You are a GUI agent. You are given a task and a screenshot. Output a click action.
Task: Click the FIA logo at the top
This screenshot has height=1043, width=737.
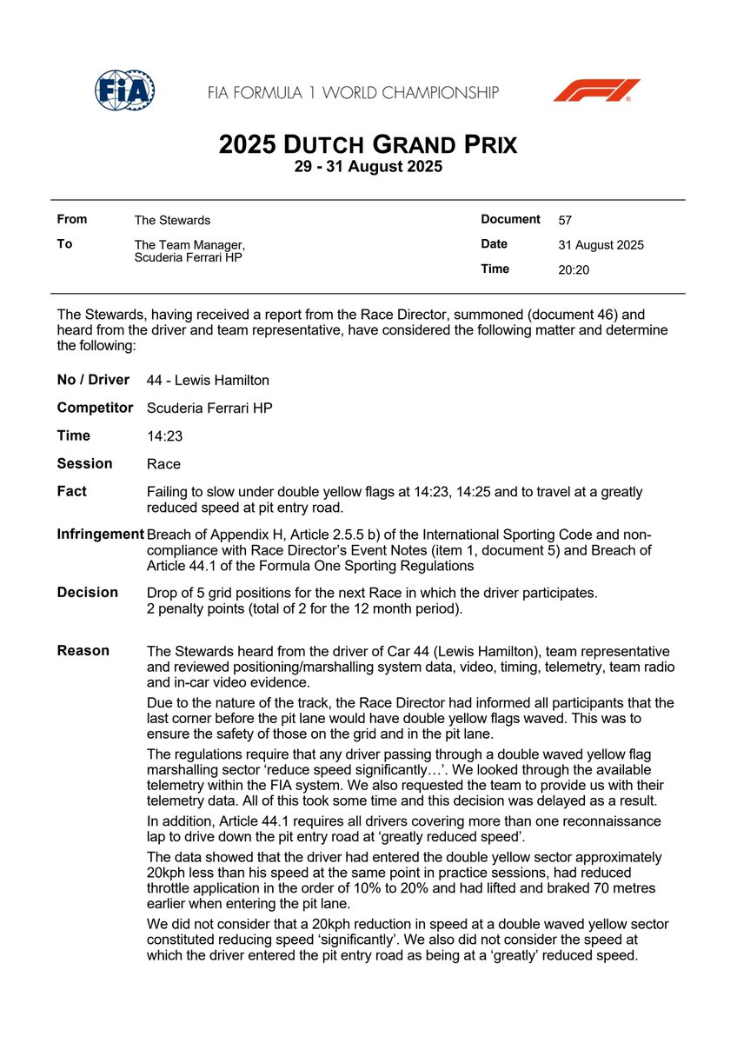point(124,90)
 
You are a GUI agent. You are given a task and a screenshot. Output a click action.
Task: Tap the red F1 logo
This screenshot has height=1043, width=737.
point(596,90)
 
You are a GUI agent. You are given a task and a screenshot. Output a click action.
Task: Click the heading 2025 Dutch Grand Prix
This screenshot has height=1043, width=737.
point(368,143)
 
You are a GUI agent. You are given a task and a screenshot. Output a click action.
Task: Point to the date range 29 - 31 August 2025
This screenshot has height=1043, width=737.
point(368,167)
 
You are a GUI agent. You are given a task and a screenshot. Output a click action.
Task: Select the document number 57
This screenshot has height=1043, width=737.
point(565,221)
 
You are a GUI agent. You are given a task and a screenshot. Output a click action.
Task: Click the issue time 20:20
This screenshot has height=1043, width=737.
point(574,270)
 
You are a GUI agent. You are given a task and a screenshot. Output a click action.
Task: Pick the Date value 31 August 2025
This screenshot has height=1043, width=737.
point(601,245)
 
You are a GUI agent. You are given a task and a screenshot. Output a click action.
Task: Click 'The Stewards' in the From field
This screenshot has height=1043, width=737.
point(172,221)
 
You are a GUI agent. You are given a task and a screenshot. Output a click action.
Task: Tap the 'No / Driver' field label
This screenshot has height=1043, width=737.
point(93,380)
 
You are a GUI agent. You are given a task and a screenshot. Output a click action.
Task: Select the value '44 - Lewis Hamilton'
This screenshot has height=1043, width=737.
point(208,380)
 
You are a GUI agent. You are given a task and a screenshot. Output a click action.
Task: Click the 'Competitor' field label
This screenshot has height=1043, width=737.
point(95,408)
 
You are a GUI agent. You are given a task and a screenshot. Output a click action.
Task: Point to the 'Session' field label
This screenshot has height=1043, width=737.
point(84,463)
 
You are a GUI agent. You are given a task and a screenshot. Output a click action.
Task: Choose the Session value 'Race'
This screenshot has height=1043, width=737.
point(163,464)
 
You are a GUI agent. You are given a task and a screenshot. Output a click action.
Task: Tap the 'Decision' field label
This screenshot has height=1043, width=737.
point(87,592)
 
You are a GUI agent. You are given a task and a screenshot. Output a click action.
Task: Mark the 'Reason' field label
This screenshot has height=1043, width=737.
point(83,650)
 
